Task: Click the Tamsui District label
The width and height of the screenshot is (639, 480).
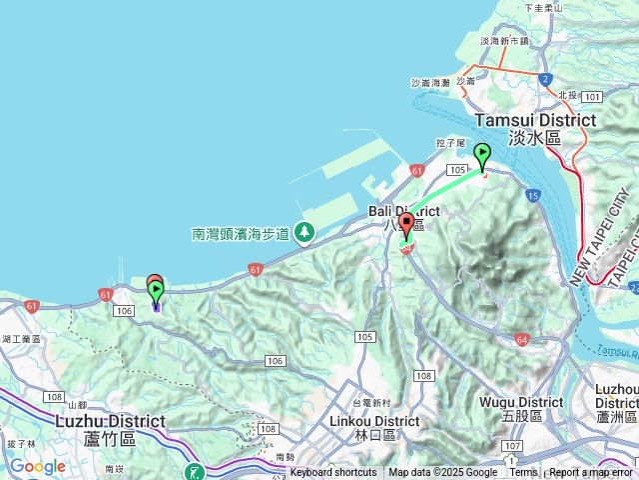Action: click(535, 120)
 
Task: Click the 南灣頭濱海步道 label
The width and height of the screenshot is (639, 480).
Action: click(240, 234)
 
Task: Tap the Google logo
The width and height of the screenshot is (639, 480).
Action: click(38, 466)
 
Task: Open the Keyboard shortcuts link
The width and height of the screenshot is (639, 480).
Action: click(333, 473)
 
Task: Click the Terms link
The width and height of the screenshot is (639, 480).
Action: click(523, 473)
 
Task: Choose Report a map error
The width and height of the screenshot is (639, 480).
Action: click(591, 473)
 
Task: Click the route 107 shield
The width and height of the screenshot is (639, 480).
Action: click(512, 444)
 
